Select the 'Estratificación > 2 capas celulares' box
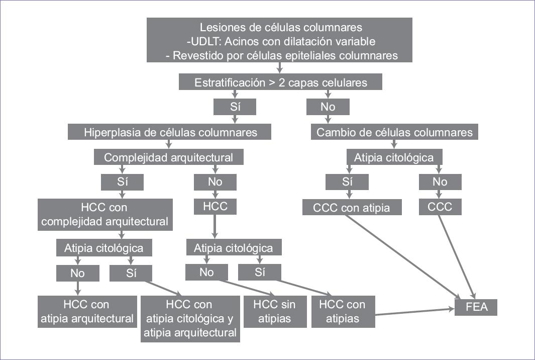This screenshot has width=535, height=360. [280, 82]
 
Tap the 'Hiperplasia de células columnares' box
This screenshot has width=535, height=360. [170, 132]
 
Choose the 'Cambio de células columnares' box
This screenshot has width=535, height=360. [394, 132]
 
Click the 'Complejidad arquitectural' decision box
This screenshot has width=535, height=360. [168, 157]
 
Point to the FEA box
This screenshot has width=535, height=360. [476, 306]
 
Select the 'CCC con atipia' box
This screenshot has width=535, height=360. [352, 207]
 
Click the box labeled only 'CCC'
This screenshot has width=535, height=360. [440, 207]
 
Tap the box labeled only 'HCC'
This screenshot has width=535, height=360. [215, 207]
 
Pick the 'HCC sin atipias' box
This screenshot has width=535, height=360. [274, 311]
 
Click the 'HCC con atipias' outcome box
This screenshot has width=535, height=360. [343, 311]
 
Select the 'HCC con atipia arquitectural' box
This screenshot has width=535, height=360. [87, 311]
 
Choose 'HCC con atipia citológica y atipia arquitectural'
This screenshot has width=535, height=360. [190, 318]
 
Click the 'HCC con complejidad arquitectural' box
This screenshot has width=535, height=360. [105, 214]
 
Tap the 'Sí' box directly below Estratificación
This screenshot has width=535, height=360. [235, 107]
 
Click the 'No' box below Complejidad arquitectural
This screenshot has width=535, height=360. [215, 182]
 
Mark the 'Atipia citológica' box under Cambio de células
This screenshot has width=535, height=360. [394, 157]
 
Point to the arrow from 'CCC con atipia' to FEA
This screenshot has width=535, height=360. [402, 256]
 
